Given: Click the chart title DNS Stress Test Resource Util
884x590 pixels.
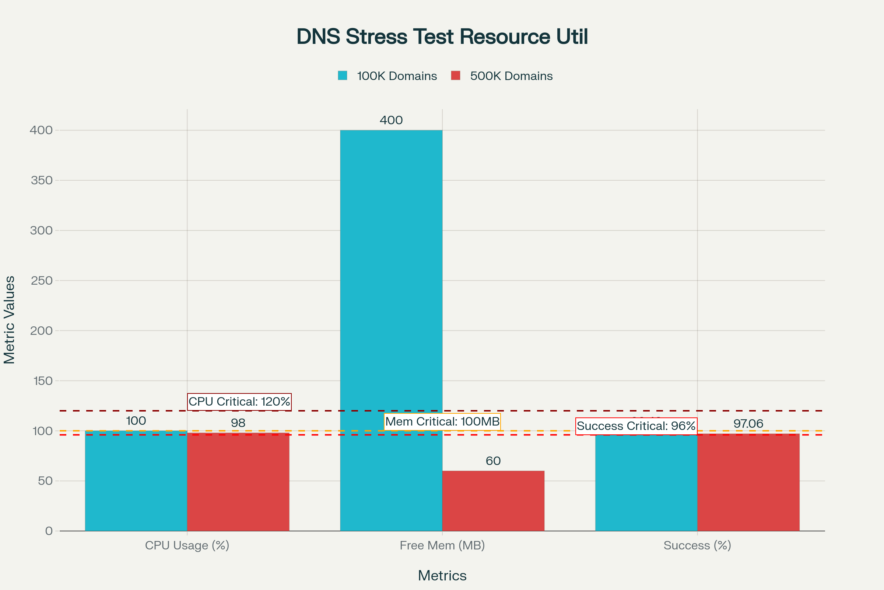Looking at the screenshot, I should coord(442,37).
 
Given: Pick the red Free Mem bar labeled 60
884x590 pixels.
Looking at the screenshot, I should coord(493,501).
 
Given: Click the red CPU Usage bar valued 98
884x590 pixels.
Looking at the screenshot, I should coord(238,482).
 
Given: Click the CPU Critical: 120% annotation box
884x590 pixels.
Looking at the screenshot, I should coord(239,402).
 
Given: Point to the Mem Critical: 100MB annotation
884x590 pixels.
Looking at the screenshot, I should coord(442,421).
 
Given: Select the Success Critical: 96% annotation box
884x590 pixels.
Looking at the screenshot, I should coord(636,426).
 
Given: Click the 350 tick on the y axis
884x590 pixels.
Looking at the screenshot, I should coord(42,181).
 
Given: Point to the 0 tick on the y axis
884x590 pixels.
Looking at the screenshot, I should coord(49,531).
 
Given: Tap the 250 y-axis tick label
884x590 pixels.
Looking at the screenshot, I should coord(42,281).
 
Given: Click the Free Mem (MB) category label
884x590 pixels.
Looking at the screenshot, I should coord(442,545).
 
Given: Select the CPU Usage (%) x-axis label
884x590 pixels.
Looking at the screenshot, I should coord(187,545).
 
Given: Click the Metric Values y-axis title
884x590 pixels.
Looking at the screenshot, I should coord(10,320).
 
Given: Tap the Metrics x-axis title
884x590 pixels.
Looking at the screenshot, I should coord(442,576).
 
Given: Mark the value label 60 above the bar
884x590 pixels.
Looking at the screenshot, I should coord(493,461).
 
